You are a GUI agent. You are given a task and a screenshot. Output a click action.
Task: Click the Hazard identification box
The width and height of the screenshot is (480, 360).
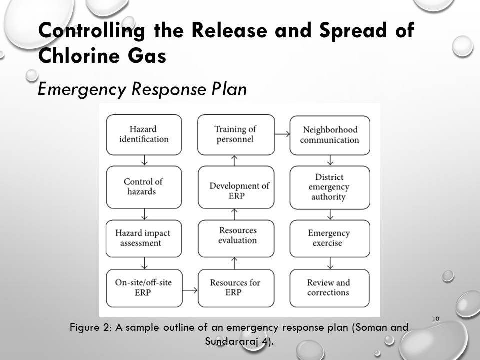(144, 135)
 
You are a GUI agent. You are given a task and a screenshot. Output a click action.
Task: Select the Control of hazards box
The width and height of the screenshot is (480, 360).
(144, 187)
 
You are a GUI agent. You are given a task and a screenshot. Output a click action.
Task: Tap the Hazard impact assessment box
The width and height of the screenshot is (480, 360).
(144, 238)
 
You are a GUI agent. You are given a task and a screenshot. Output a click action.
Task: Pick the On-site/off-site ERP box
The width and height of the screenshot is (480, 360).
(144, 288)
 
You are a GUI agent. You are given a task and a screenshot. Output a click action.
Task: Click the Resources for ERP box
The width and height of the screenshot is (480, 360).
(235, 288)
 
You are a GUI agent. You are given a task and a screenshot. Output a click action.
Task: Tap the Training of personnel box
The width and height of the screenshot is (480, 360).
(235, 135)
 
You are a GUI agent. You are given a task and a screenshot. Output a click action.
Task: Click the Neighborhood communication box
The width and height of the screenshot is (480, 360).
(330, 135)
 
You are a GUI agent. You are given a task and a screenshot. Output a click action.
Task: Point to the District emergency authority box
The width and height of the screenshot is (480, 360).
(330, 187)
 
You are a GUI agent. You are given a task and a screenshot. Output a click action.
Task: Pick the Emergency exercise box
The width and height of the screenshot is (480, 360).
(330, 238)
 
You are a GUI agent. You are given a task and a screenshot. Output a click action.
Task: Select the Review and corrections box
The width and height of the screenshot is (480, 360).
(330, 288)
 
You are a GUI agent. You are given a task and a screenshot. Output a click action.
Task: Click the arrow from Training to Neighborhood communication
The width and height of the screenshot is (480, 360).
(282, 134)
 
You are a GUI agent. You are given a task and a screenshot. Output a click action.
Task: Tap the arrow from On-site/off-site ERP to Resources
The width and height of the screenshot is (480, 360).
(190, 289)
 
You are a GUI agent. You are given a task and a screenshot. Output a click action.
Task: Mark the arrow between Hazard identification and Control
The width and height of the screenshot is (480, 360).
(144, 160)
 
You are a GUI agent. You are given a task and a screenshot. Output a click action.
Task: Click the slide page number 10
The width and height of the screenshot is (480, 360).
(435, 319)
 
